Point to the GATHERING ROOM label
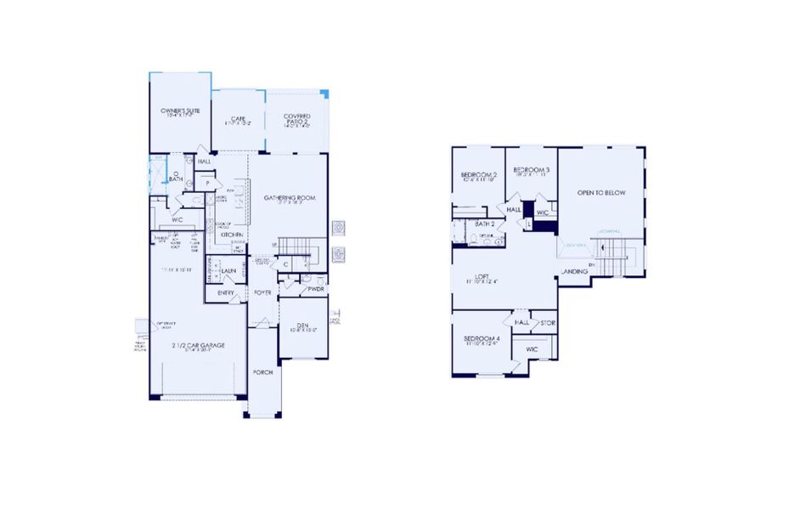pos(290,198)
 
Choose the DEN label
pos(302,325)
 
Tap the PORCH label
pos(262,372)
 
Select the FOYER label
pos(262,292)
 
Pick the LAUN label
pos(228,271)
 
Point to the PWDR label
pos(316,289)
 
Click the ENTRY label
pos(225,292)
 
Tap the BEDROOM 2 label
pos(479,175)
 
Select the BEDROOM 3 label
pos(532,170)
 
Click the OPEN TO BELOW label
pos(601,193)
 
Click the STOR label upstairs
pos(548,322)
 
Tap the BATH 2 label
pos(472,223)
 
